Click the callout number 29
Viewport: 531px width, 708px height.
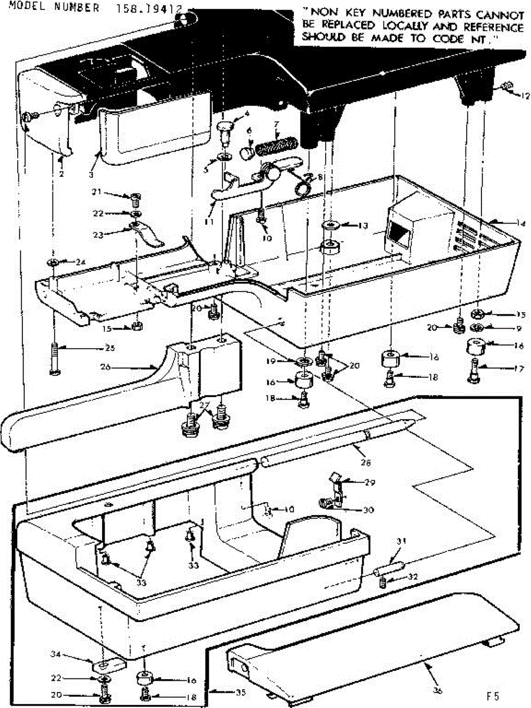click(369, 482)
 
